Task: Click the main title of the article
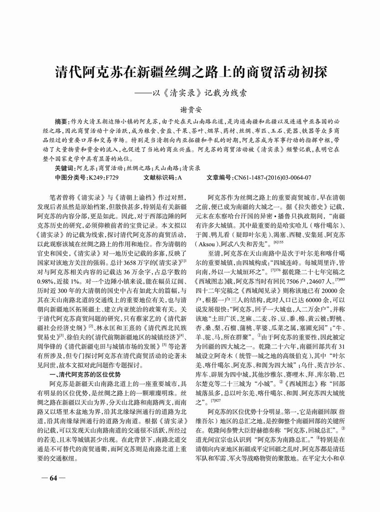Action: (192, 72)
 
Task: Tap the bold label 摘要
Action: (62, 123)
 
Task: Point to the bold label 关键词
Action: (65, 168)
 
